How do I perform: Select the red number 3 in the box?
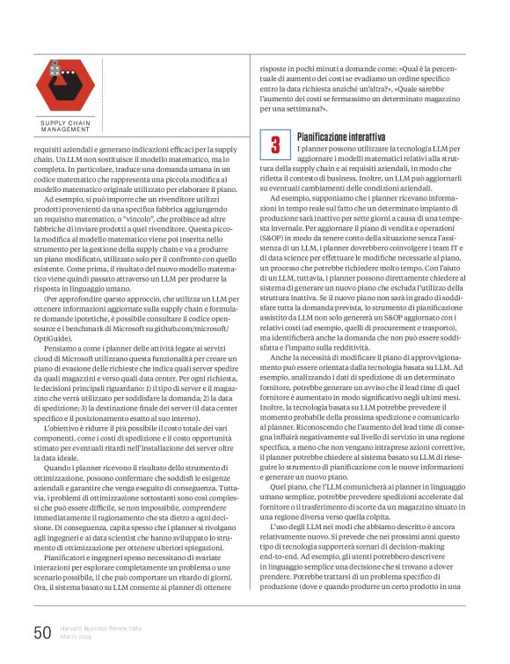tap(275, 144)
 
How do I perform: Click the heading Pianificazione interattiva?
tap(340, 137)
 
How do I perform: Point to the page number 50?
tap(42, 633)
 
